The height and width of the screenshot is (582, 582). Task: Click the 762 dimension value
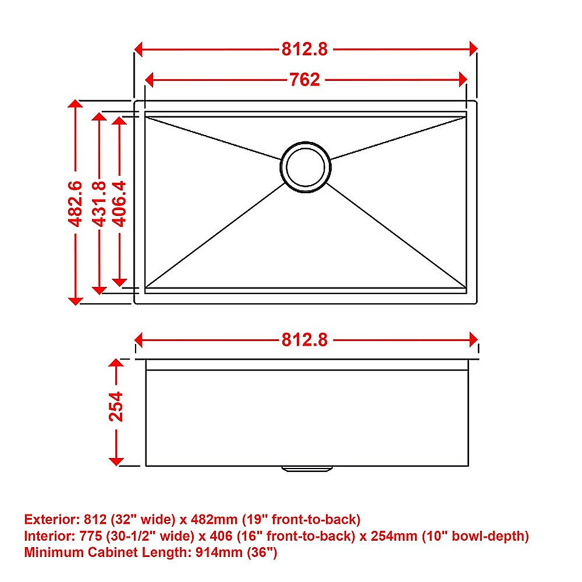(x=305, y=79)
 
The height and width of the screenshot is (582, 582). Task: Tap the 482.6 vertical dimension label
(x=75, y=203)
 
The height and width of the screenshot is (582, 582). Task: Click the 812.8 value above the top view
(x=305, y=49)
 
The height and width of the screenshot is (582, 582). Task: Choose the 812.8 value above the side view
(x=305, y=339)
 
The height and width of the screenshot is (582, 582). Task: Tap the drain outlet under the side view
(x=306, y=468)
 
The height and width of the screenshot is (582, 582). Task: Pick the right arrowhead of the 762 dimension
(x=463, y=79)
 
